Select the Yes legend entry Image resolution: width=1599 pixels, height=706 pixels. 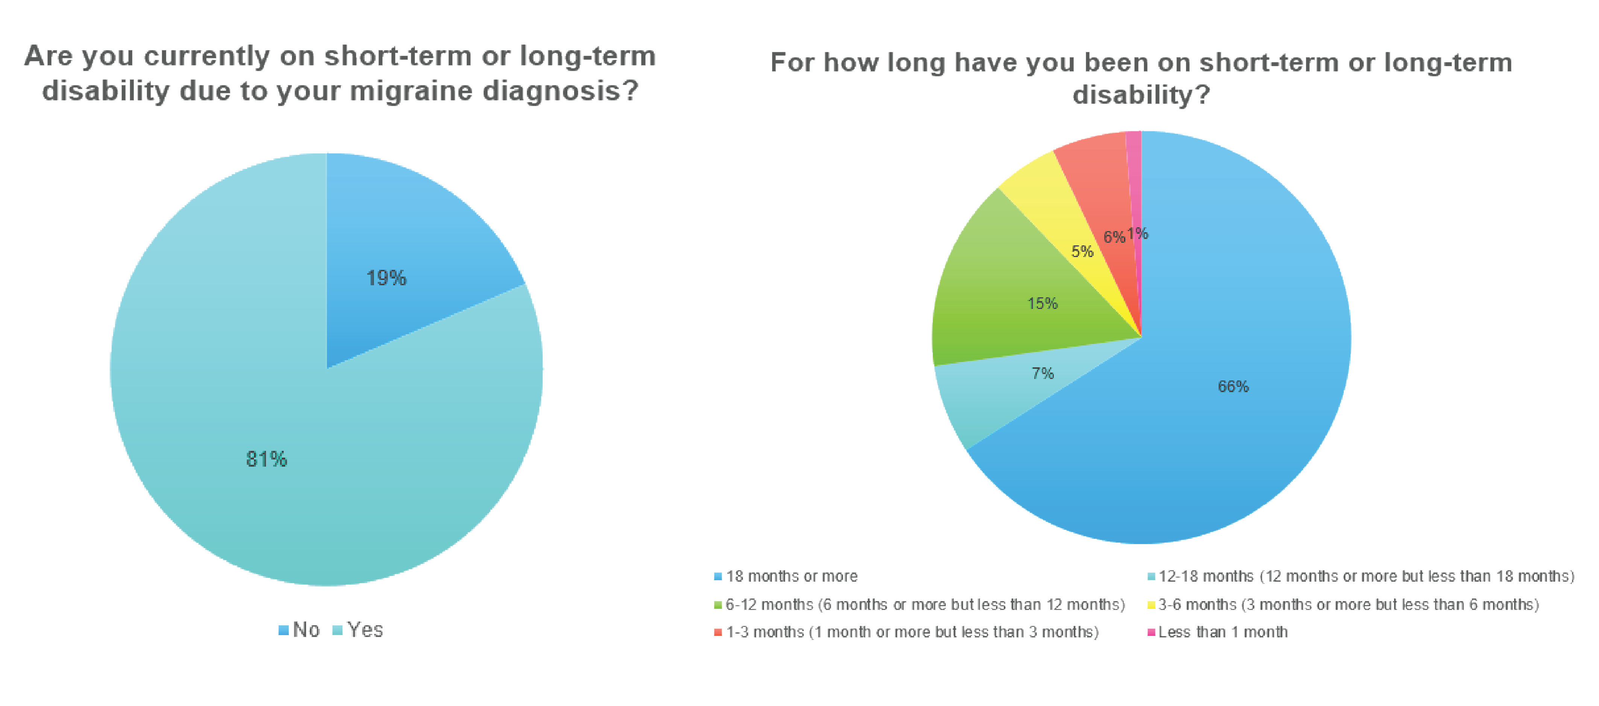(x=359, y=630)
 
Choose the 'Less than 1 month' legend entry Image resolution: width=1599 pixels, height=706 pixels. (x=1217, y=632)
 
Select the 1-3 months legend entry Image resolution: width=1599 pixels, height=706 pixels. (x=907, y=632)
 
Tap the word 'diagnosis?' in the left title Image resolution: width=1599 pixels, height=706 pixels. (x=561, y=92)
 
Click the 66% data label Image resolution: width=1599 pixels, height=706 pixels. (x=1233, y=387)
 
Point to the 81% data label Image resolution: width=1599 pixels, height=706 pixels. (x=266, y=460)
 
